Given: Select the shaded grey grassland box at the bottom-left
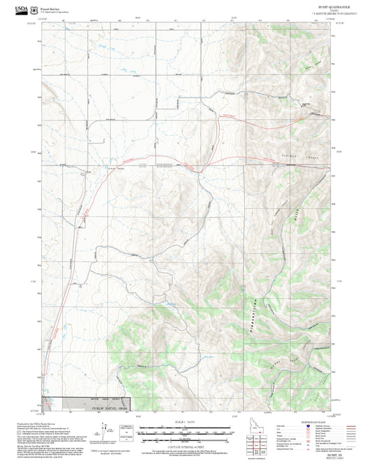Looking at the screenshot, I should pos(98,405).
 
